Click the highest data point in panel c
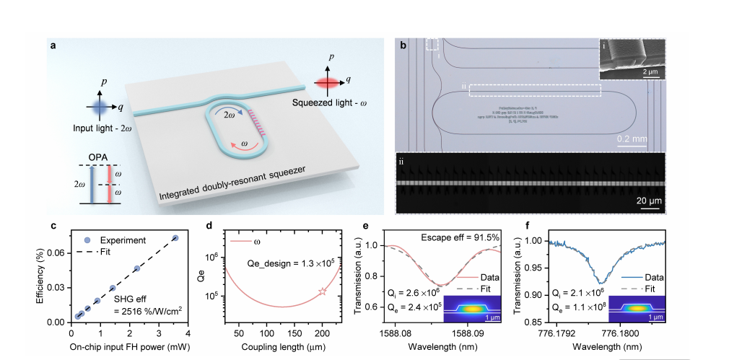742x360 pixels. [175, 237]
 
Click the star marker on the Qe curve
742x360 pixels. [323, 291]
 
